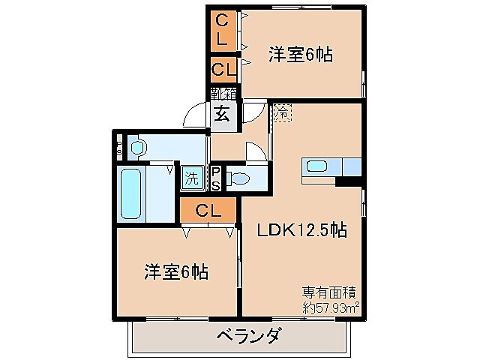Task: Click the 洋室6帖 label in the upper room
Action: (x=300, y=54)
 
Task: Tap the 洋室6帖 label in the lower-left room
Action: (x=177, y=271)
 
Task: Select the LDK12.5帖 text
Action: (x=302, y=230)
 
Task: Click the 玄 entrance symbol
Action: (x=223, y=115)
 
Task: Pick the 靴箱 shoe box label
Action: (x=223, y=94)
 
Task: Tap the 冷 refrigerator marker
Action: (x=281, y=114)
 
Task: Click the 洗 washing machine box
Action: (x=192, y=178)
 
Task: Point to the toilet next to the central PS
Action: (x=239, y=178)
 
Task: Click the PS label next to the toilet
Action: (x=215, y=178)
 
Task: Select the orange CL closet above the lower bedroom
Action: (x=208, y=211)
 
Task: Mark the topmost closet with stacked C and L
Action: (x=223, y=28)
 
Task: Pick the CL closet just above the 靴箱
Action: (x=223, y=70)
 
